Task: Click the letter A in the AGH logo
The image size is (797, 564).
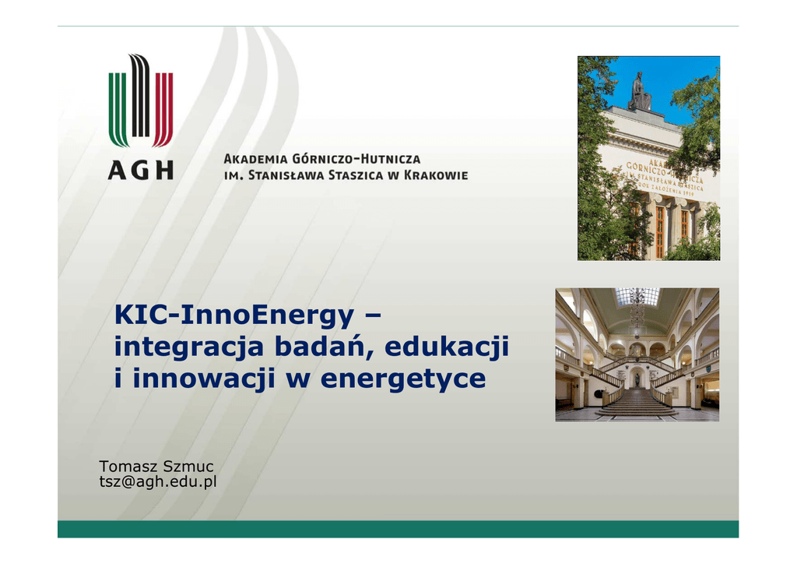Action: (x=117, y=170)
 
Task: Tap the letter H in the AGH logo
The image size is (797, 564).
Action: (x=164, y=170)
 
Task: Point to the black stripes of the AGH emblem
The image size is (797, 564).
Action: (x=141, y=96)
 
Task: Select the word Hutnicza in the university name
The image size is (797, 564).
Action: (x=391, y=159)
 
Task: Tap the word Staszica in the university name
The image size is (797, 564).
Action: (x=356, y=175)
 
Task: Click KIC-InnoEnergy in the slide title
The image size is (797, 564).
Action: (x=233, y=315)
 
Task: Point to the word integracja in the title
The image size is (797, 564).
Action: (x=189, y=348)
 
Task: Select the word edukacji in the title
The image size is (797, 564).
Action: (x=447, y=347)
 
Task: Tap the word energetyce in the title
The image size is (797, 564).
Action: (x=403, y=379)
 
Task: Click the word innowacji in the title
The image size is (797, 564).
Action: (x=204, y=379)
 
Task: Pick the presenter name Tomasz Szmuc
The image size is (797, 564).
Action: (x=156, y=467)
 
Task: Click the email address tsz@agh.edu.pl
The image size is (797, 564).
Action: (x=158, y=481)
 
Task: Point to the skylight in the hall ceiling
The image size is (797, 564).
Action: (x=637, y=297)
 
